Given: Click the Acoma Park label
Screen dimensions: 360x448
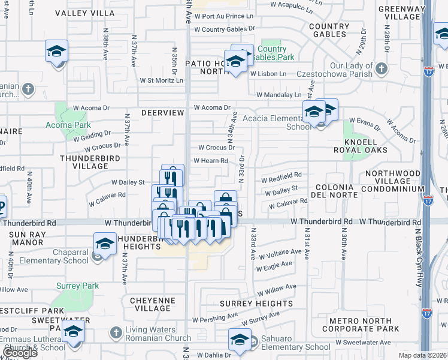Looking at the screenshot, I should tap(68, 125).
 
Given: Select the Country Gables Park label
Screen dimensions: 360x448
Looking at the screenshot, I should tap(273, 53).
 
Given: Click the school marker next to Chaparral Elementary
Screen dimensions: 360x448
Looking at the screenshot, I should tap(105, 244).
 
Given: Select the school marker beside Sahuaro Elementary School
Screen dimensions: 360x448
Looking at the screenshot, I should tap(240, 340).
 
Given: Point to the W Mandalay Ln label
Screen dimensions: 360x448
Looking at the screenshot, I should tap(279, 95).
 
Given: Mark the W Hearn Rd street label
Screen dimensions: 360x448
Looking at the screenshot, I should tap(210, 160).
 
